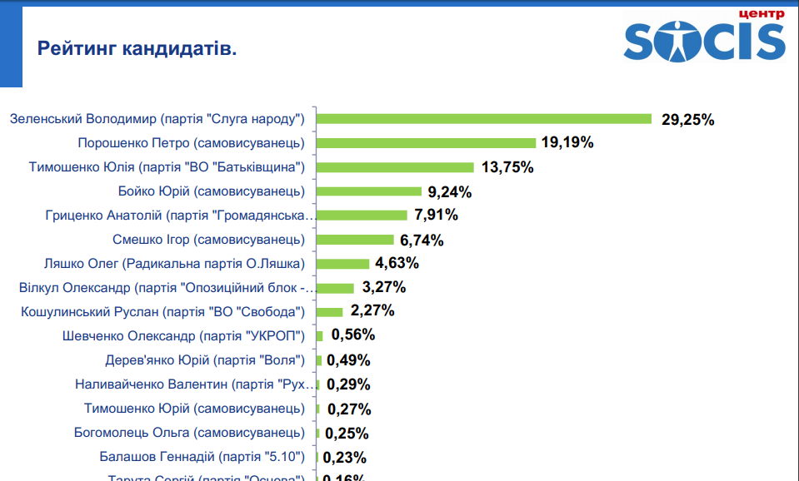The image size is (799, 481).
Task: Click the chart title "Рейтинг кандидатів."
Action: point(137,48)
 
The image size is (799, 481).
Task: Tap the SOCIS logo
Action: point(704,41)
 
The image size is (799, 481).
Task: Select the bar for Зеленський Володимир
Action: point(484,119)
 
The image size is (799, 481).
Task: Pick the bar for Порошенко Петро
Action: point(427,143)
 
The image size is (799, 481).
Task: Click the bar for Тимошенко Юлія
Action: point(396,167)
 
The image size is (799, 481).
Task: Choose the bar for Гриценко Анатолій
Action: point(362,216)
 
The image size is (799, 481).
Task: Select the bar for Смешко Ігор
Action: point(356,240)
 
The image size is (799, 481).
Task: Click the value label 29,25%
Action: point(688,119)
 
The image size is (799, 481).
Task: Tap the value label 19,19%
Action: point(567,142)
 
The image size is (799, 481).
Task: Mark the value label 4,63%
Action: point(397,263)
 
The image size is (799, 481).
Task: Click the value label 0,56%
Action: point(353,335)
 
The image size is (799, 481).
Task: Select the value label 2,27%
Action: point(372,311)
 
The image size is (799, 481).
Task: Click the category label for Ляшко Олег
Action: point(174,264)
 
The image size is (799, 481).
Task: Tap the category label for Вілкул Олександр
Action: point(167,288)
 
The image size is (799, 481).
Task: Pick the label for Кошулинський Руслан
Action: point(162,312)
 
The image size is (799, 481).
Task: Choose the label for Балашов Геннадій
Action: point(202,457)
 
